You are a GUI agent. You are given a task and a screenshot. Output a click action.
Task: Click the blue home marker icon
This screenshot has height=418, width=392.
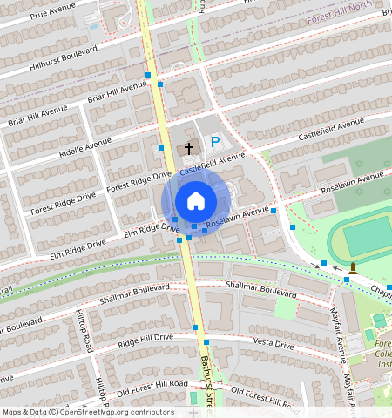[196, 201]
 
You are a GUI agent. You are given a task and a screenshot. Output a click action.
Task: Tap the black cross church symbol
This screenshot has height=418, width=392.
[188, 149]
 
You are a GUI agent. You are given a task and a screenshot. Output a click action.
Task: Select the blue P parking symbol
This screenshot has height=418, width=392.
[214, 141]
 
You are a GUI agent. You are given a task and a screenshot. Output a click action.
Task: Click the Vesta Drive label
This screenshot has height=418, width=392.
[272, 344]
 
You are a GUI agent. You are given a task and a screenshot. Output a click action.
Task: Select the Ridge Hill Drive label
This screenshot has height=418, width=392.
[145, 338]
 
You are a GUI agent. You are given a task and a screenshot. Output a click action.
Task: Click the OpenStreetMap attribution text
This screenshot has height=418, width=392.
[88, 411]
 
